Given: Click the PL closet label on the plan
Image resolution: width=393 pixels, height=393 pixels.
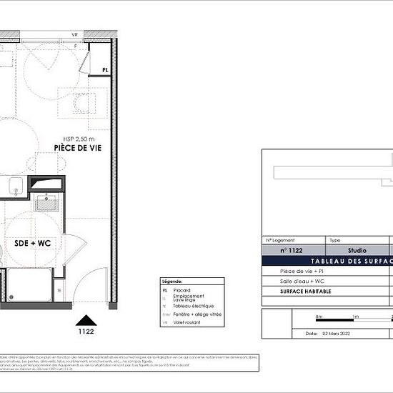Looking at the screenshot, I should coord(105,70).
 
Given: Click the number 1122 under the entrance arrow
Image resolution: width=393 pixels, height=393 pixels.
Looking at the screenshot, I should coord(86,332).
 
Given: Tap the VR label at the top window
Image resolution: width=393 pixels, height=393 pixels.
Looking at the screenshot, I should coord(74,35).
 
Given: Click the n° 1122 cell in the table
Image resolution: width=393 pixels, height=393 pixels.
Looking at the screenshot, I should coord(293,251).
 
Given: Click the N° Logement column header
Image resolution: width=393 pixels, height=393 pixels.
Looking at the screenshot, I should coord(280,241).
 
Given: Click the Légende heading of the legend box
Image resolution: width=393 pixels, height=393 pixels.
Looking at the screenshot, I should coord(173,281).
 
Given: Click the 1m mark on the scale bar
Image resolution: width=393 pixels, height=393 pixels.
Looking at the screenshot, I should coord(355,316).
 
